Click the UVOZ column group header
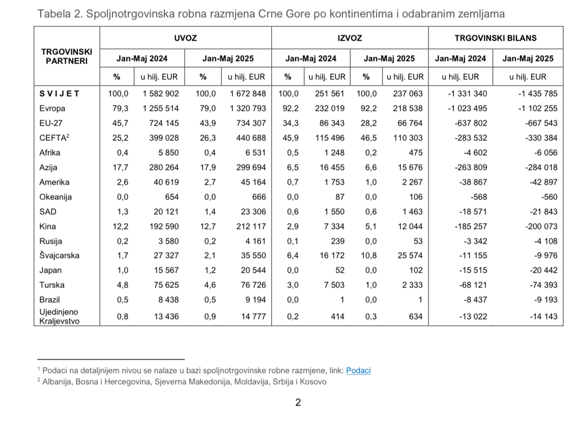point(185,38)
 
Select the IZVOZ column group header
point(350,38)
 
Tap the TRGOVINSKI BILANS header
point(495,38)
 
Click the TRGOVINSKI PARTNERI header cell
point(66,56)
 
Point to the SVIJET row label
point(60,94)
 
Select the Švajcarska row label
point(60,256)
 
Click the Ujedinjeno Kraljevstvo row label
point(60,317)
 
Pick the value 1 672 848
point(248,94)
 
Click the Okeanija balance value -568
point(480,197)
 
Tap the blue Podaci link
point(358,370)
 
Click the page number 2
point(298,403)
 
